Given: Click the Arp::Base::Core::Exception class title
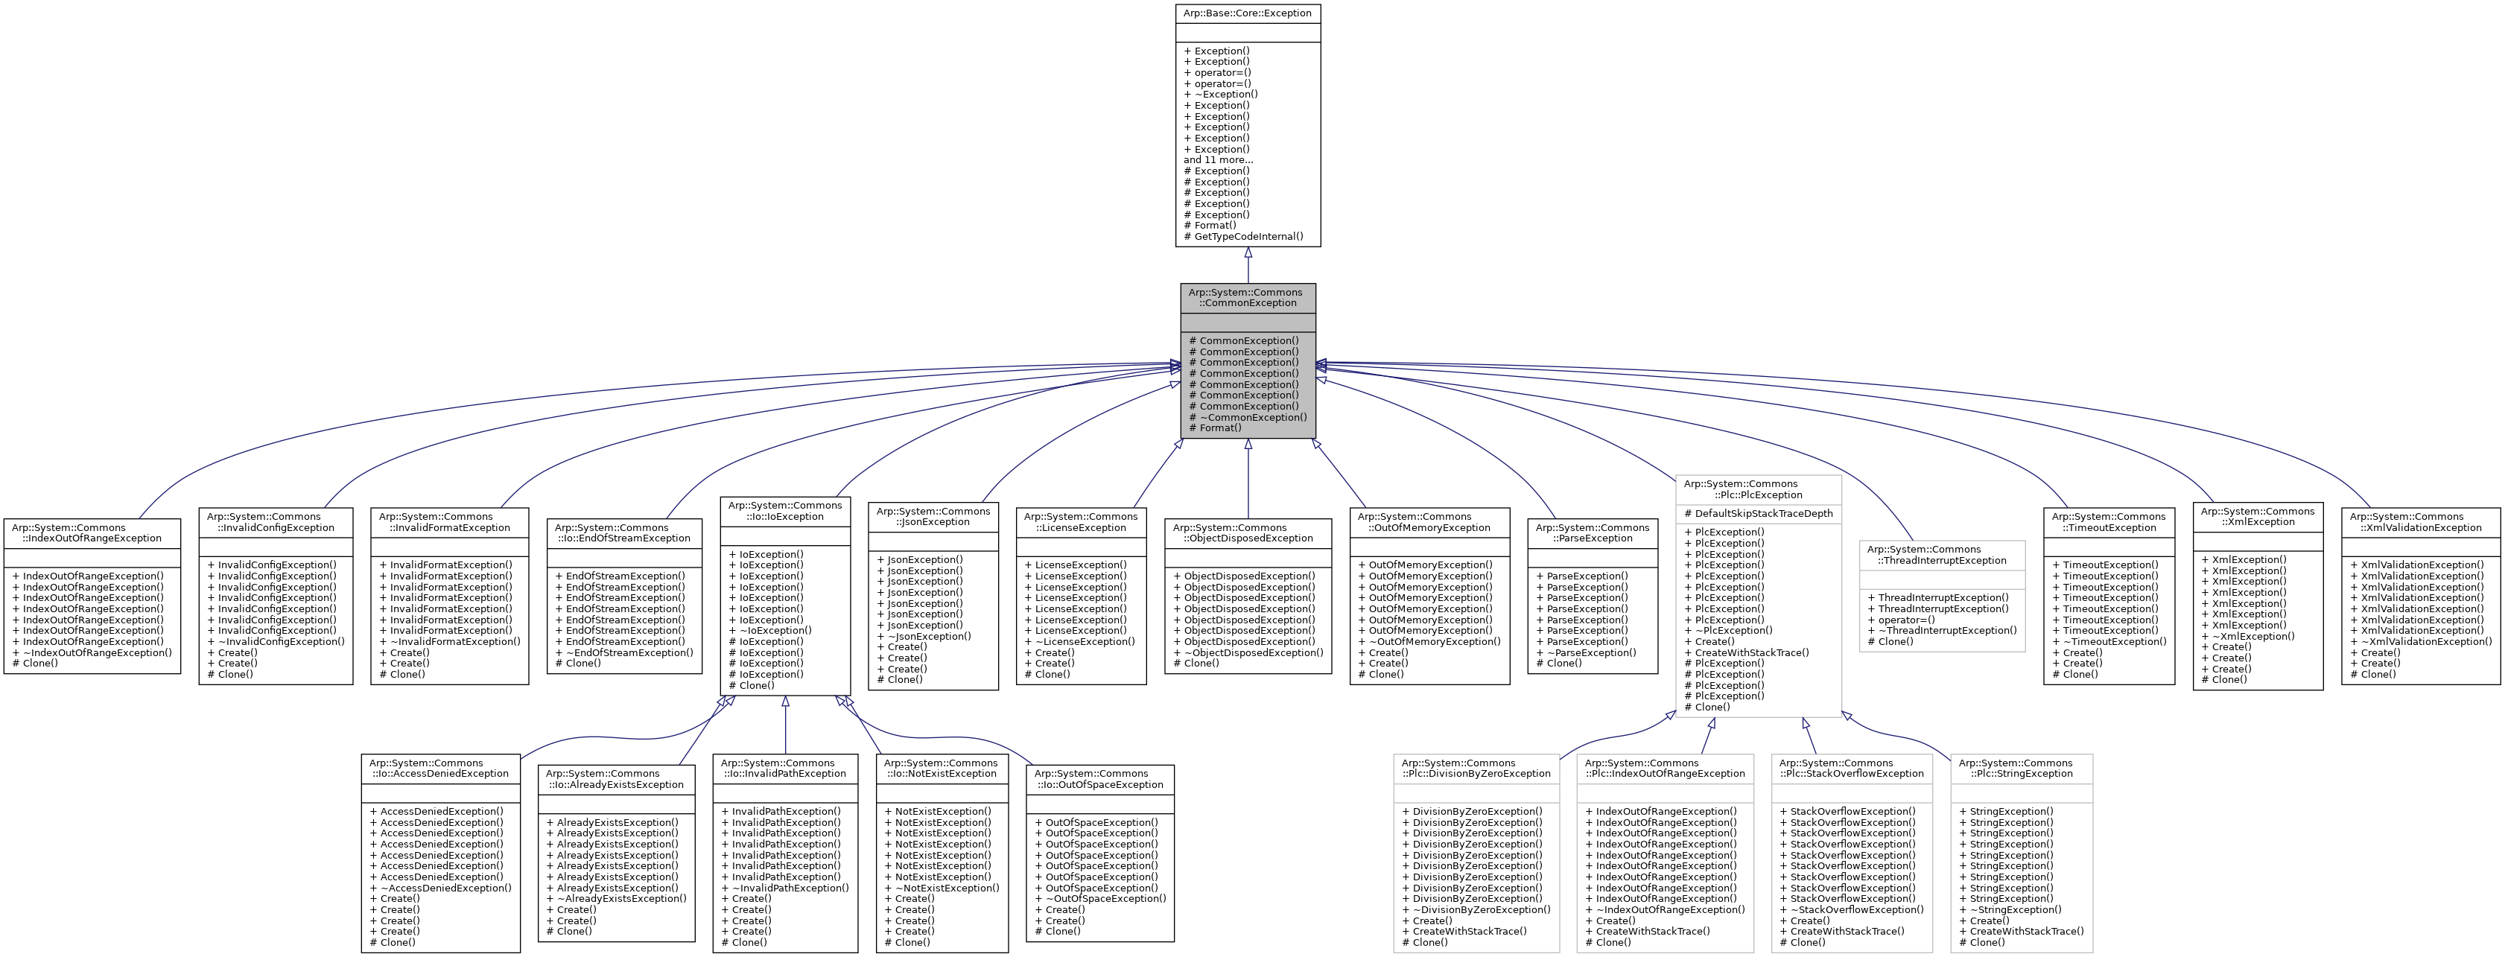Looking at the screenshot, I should (1248, 13).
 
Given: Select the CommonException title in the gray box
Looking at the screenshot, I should (1248, 298).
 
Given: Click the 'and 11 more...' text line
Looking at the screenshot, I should (1219, 159).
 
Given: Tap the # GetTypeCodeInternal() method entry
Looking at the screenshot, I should (1244, 236).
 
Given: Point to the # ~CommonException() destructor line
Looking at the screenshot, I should (1248, 417).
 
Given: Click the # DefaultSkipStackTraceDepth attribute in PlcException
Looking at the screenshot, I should (1758, 514).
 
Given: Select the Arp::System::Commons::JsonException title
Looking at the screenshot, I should (933, 516).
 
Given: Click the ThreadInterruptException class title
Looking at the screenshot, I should (1942, 554).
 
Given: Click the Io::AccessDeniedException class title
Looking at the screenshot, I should (439, 769).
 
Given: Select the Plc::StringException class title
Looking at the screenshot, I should (2021, 769).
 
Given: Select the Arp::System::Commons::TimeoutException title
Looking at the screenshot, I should (2108, 522).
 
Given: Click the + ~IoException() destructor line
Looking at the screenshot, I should (770, 630).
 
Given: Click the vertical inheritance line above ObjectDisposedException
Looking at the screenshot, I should (1248, 481).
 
